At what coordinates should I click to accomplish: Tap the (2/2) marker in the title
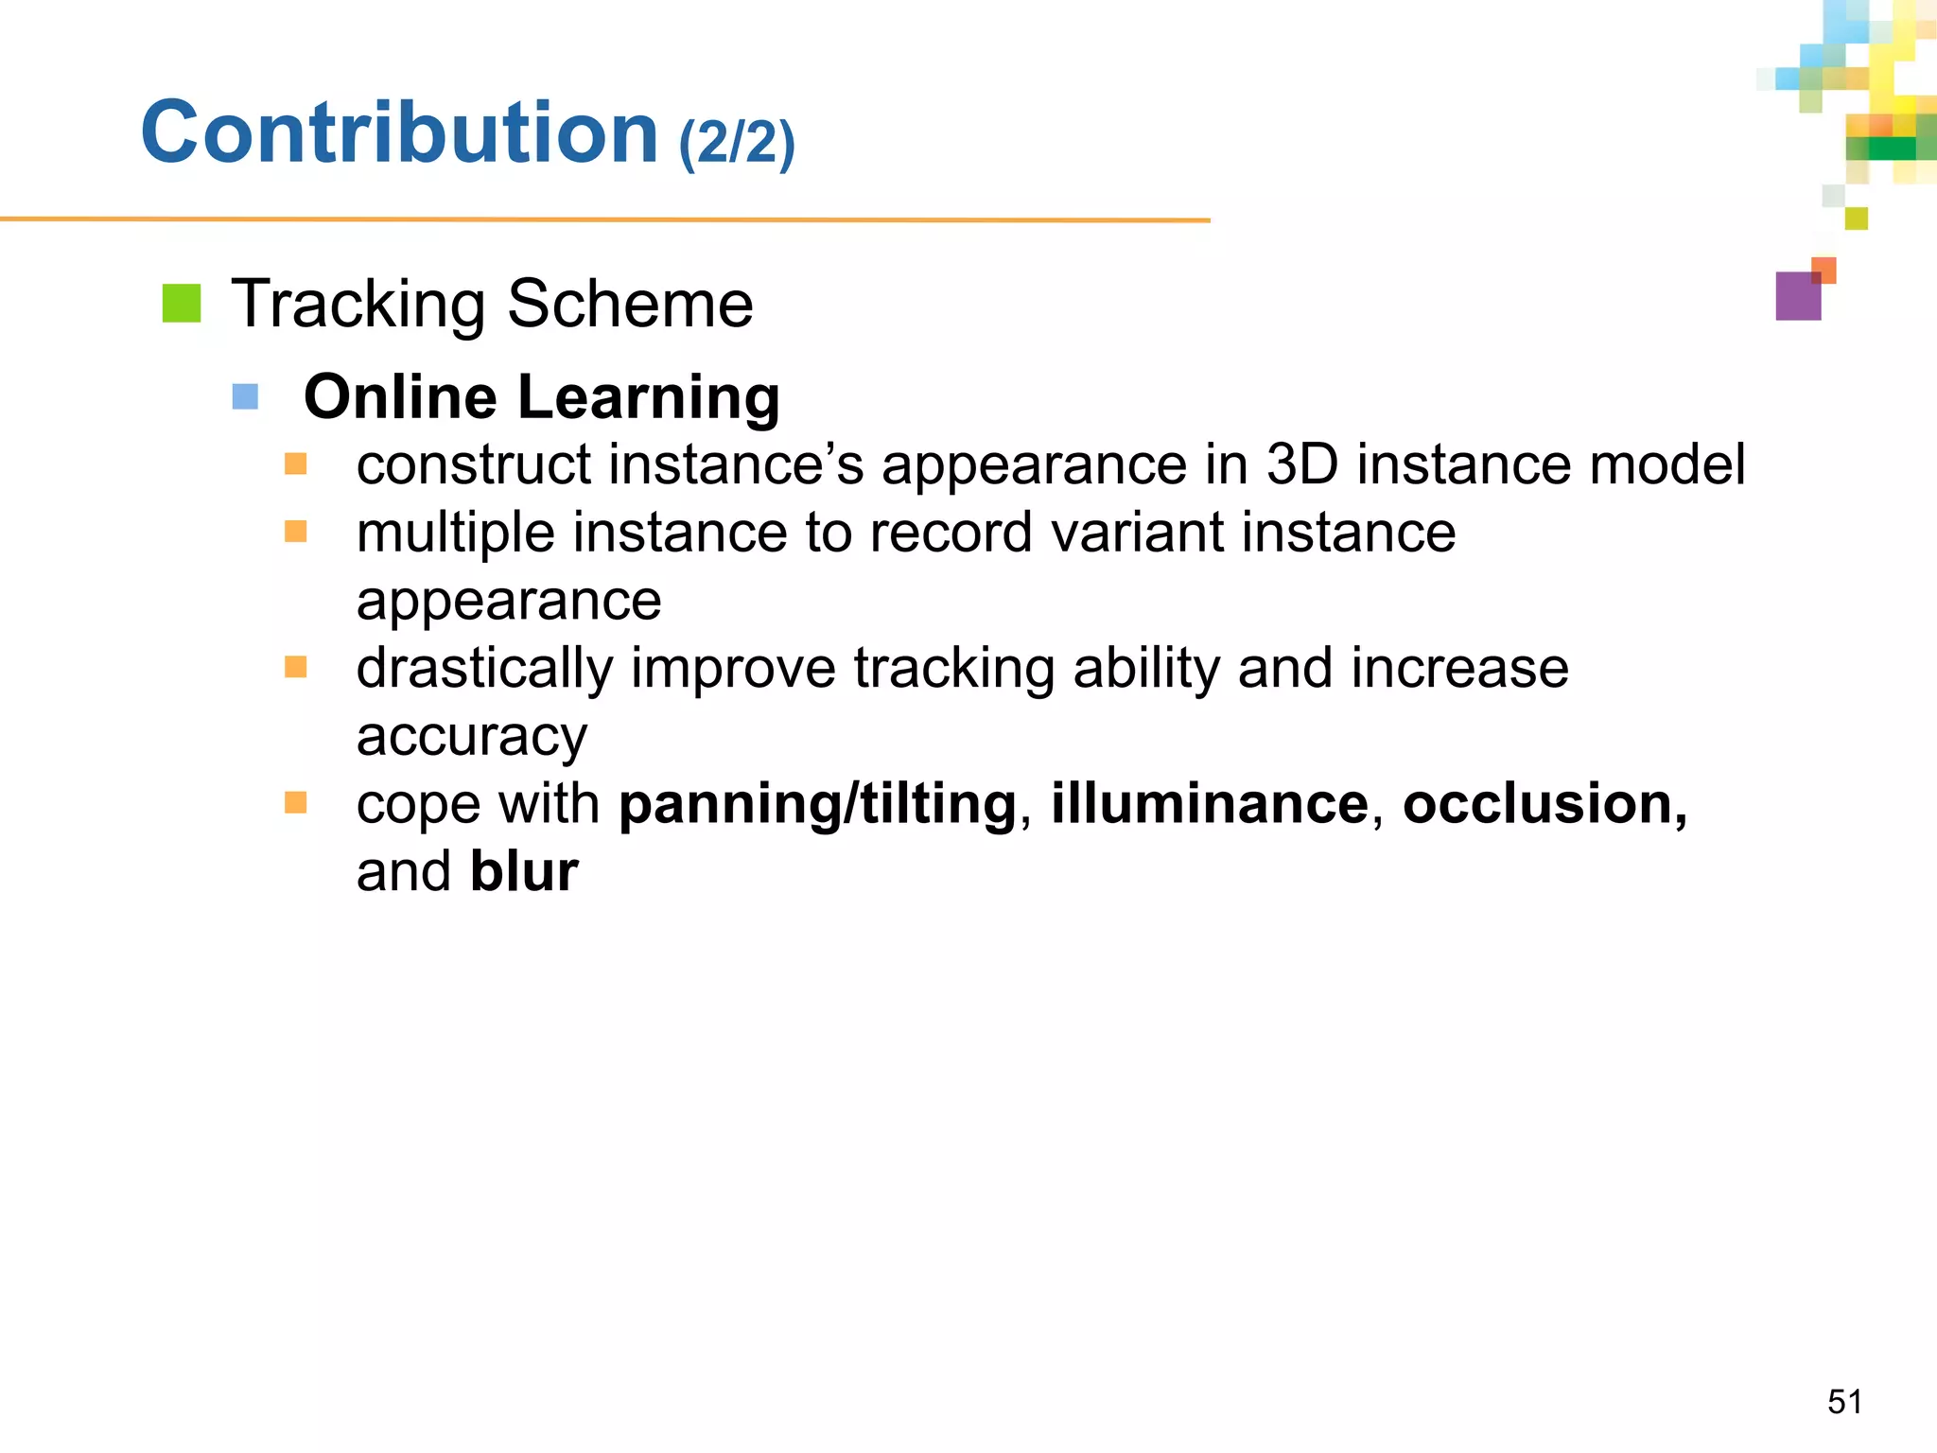(x=737, y=143)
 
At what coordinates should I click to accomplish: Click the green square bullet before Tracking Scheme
(x=182, y=304)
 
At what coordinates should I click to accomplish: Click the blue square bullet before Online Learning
(x=245, y=396)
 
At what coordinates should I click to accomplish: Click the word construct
(x=474, y=464)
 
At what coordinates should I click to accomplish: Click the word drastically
(x=484, y=668)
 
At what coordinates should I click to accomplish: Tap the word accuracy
(x=471, y=737)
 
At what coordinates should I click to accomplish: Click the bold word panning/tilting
(x=817, y=804)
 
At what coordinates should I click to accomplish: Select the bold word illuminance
(x=1210, y=804)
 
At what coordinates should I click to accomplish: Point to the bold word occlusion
(x=1544, y=804)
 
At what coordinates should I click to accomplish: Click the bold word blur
(x=524, y=871)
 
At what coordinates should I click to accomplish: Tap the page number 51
(x=1844, y=1401)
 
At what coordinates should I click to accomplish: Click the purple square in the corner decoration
(x=1797, y=297)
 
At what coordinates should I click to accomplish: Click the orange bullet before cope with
(x=296, y=803)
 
